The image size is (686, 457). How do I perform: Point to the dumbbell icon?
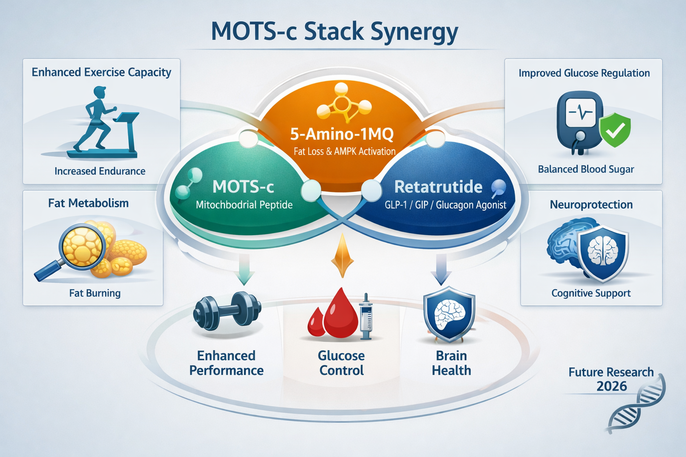[227, 312]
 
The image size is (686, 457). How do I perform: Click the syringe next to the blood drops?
[366, 317]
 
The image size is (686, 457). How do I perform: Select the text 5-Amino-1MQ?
[342, 133]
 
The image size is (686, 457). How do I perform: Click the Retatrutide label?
[438, 187]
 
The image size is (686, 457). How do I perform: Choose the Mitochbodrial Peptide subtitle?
[244, 205]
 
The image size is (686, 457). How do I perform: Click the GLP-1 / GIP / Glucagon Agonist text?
[445, 205]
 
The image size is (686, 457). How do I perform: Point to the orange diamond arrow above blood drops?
[342, 257]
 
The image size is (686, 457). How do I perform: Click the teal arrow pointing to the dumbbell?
[244, 270]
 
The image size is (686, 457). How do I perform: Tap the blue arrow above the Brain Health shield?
[441, 270]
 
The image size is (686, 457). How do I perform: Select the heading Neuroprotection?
[591, 204]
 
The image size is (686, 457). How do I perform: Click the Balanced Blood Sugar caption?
[586, 169]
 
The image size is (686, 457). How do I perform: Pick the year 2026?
[611, 386]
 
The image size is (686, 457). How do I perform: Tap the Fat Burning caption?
[95, 293]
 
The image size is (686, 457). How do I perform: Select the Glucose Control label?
[342, 363]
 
